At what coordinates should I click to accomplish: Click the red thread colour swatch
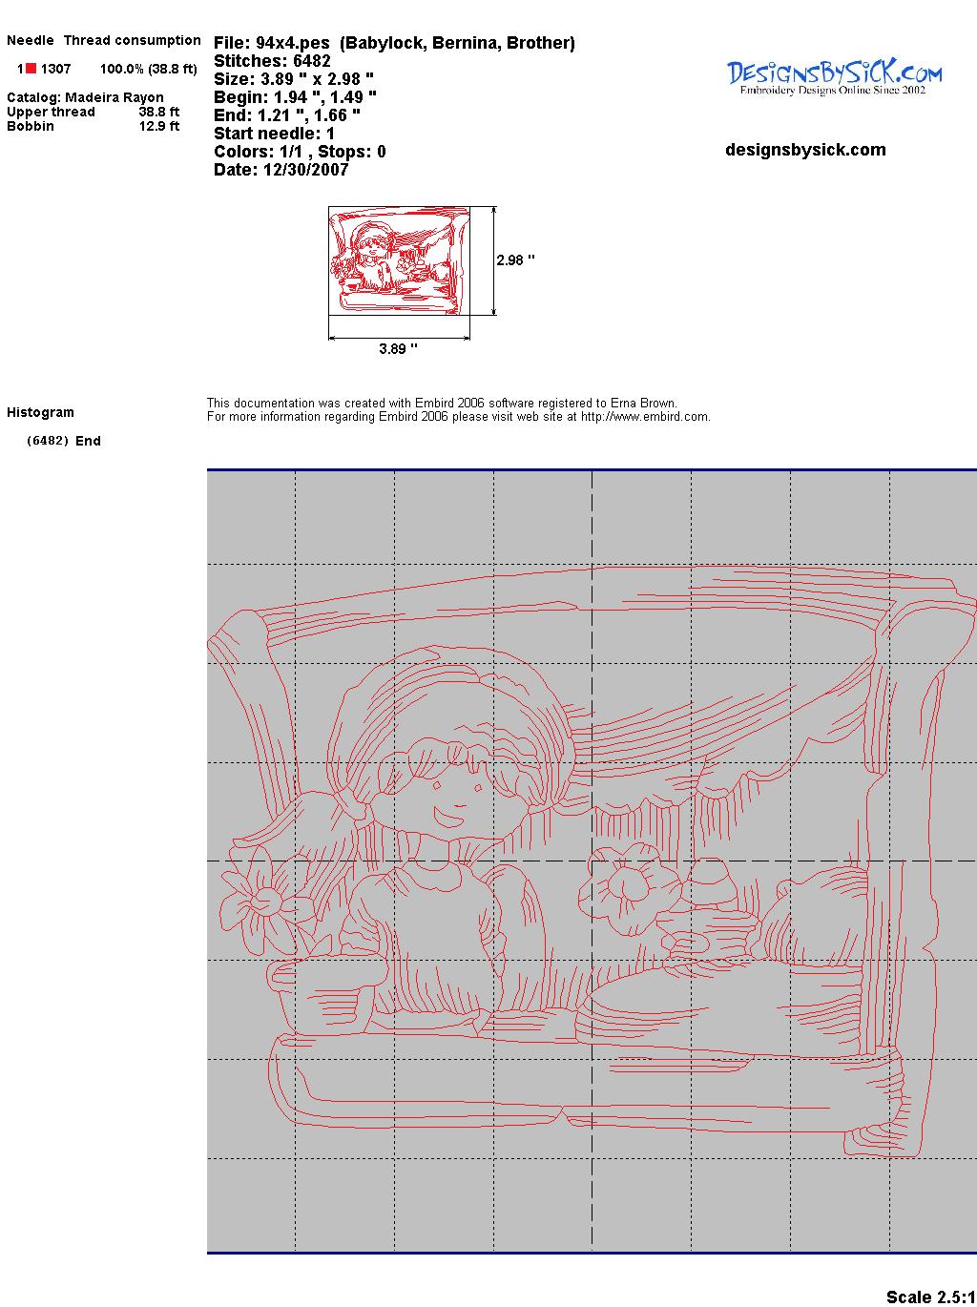tap(31, 69)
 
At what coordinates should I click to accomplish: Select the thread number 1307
tap(56, 69)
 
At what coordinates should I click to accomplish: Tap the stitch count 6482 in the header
tap(311, 61)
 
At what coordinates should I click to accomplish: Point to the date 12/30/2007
tap(306, 170)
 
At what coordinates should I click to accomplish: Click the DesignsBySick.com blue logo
tap(834, 77)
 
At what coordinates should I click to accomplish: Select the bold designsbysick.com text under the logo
tap(805, 150)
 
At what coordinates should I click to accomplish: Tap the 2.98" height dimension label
tap(515, 260)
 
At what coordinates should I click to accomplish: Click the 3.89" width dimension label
tap(398, 348)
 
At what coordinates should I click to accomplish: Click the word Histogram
tap(40, 412)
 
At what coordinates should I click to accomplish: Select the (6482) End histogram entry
tap(64, 441)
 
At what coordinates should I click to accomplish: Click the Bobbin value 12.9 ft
tap(159, 126)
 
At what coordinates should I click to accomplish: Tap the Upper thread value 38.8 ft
tap(159, 112)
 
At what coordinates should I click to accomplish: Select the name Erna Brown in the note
tap(643, 404)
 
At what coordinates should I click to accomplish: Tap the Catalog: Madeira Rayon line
tap(85, 97)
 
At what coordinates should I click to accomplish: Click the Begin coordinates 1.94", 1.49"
tap(325, 97)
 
